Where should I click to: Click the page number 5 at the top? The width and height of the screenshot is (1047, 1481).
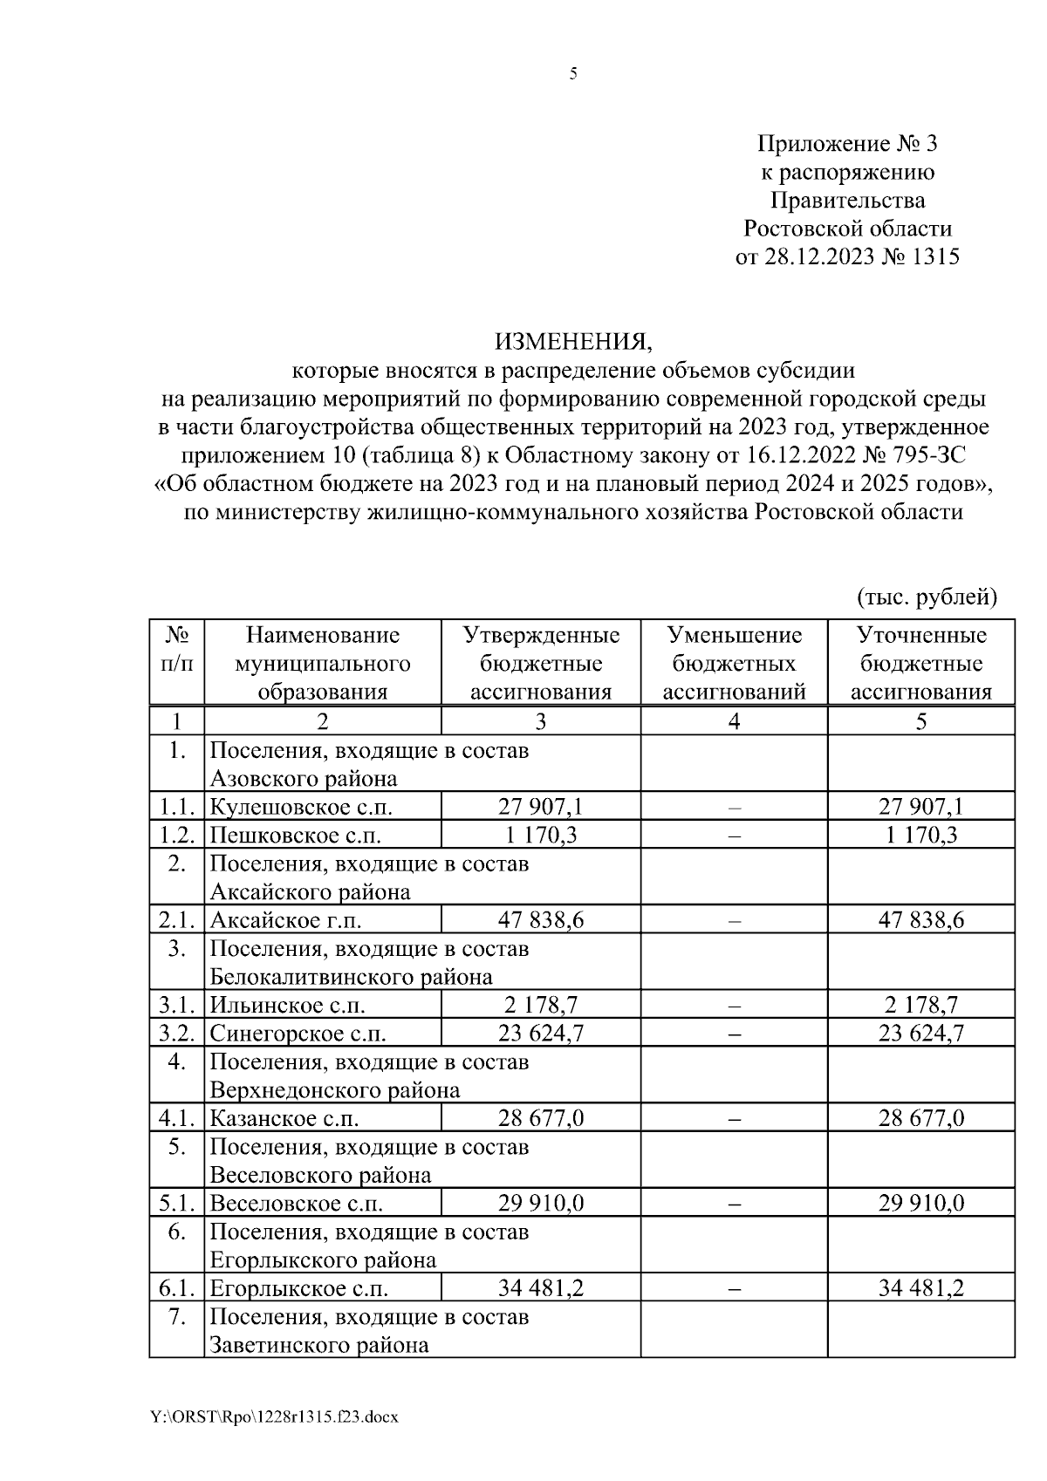[573, 75]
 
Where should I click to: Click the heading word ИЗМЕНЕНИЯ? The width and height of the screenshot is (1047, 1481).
[573, 340]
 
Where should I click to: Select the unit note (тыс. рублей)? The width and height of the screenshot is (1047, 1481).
[926, 597]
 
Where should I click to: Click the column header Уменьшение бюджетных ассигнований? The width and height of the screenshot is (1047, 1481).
[734, 663]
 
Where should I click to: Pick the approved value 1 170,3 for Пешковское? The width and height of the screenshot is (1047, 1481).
[540, 836]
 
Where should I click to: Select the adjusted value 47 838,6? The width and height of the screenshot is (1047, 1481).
[920, 920]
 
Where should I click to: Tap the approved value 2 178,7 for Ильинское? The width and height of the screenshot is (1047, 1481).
[540, 1006]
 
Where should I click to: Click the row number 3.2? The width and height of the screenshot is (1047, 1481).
[176, 1034]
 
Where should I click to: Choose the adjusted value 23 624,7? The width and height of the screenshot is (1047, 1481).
[920, 1034]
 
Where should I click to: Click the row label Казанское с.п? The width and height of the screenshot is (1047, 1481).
[284, 1119]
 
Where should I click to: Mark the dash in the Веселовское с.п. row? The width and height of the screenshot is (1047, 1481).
[734, 1205]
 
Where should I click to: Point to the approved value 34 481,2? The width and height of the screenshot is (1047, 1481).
[540, 1289]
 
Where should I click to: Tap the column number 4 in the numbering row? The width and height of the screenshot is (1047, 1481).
[734, 721]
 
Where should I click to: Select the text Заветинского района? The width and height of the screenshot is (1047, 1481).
[319, 1345]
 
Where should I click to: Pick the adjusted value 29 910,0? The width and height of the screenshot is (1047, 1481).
[920, 1205]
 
